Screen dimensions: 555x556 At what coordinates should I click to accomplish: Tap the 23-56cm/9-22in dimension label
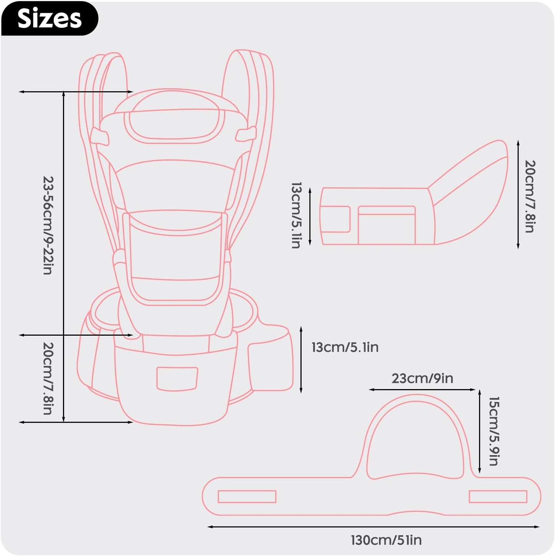48,225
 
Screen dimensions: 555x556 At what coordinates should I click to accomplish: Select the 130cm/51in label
386,540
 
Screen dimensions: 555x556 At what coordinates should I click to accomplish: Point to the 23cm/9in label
422,378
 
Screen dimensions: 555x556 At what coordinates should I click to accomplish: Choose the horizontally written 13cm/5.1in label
345,347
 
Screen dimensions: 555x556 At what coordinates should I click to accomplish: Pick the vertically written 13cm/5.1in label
297,215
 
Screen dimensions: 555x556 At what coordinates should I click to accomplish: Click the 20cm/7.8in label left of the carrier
48,378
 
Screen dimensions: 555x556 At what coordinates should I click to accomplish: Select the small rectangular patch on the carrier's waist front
177,379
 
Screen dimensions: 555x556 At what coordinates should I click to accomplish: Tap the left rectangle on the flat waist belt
247,496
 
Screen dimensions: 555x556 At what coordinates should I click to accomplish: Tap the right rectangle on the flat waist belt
498,496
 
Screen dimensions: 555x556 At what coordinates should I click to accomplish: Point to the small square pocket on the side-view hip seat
335,219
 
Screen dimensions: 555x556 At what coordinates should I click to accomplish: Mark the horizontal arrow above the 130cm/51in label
373,527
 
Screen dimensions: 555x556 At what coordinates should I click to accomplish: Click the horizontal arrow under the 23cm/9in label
422,390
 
